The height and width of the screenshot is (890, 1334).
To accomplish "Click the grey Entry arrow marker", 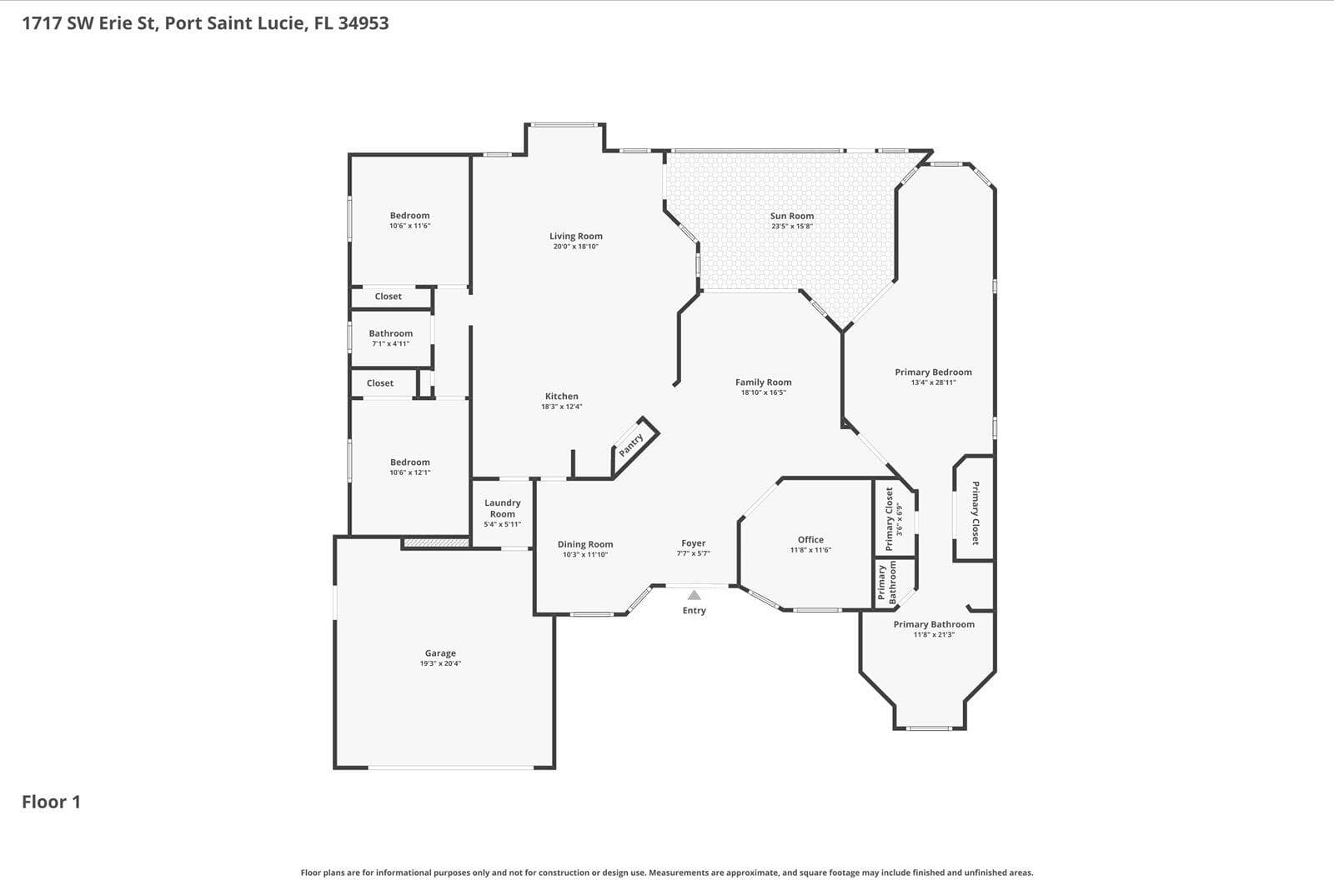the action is click(694, 595).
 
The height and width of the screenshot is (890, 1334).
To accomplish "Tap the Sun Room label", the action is click(792, 216).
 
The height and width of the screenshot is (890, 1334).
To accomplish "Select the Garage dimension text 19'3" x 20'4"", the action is click(441, 663).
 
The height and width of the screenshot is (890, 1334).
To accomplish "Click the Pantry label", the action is click(630, 445).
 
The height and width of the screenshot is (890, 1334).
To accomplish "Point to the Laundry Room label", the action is click(503, 508).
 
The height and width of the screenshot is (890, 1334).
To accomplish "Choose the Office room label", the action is click(810, 539).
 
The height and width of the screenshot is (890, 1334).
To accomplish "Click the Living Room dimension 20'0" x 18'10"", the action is click(576, 247).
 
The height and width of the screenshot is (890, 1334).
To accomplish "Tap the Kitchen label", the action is click(562, 396).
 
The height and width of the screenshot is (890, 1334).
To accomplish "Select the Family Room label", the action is click(764, 382).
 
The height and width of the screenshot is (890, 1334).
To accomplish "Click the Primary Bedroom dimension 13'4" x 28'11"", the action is click(933, 382).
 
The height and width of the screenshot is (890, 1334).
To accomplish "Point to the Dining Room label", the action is click(585, 544).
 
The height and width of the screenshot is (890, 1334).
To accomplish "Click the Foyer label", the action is click(693, 543).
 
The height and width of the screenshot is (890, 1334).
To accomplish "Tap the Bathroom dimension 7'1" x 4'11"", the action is click(391, 343).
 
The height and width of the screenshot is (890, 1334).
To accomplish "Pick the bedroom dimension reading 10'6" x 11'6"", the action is click(409, 226).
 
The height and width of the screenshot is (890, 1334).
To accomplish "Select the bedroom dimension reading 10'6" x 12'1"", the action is click(409, 472).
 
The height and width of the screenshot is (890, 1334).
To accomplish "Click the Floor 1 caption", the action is click(51, 802).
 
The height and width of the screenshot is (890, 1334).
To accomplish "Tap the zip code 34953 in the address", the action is click(364, 23).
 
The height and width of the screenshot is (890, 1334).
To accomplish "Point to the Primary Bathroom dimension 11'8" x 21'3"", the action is click(934, 635).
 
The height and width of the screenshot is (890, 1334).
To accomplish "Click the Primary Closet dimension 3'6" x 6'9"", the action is click(900, 520).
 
